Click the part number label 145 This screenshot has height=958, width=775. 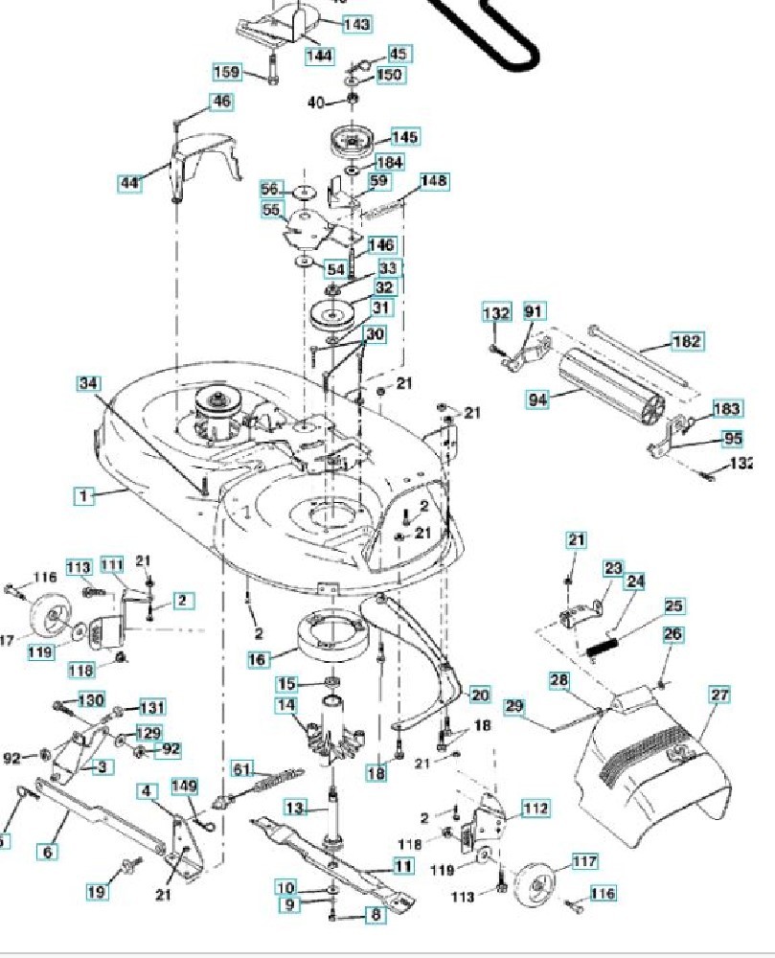tap(404, 137)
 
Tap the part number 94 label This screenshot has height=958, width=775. tap(538, 399)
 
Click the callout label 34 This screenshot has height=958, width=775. tap(89, 383)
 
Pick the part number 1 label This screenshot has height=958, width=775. tap(85, 495)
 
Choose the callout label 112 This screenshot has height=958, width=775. tap(536, 810)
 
